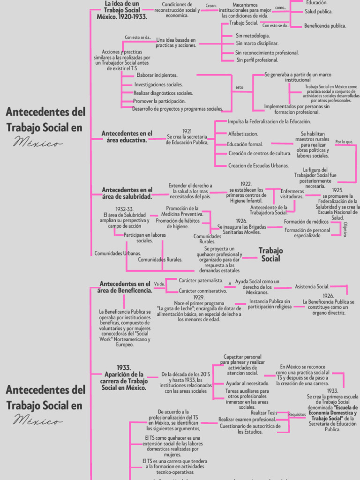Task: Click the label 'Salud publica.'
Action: [x=319, y=11]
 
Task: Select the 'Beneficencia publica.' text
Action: [x=325, y=26]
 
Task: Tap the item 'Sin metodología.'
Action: [x=252, y=36]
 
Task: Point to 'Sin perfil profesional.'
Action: [x=257, y=60]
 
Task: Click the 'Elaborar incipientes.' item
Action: [x=157, y=75]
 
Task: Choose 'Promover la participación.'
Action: [x=159, y=101]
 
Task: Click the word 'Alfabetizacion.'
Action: [x=243, y=134]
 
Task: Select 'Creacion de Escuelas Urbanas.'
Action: [x=258, y=165]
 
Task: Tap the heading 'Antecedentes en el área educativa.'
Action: [x=127, y=136]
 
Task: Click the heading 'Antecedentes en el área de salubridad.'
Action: [x=127, y=193]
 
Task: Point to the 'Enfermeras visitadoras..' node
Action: [x=292, y=194]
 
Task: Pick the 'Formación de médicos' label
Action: [x=306, y=222]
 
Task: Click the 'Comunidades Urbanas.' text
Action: [x=118, y=253]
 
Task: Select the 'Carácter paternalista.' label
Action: [x=201, y=280]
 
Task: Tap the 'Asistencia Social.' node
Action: [x=312, y=286]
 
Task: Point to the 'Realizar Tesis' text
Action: [x=264, y=412]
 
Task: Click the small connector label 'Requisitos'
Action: [x=297, y=415]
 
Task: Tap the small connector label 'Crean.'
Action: [x=211, y=6]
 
